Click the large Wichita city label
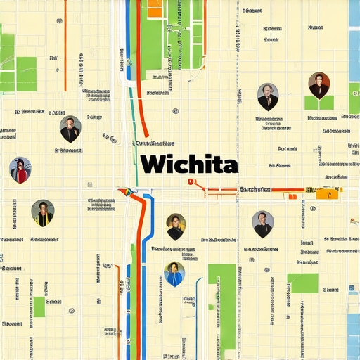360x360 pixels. (x=188, y=165)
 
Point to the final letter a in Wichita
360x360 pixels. (x=229, y=166)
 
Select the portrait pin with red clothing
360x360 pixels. (x=20, y=169)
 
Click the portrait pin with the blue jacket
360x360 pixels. (x=174, y=274)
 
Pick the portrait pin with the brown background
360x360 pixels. (x=319, y=85)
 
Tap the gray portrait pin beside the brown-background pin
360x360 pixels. (x=268, y=96)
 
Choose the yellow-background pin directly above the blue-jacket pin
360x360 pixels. (x=176, y=226)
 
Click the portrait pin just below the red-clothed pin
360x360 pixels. (x=42, y=212)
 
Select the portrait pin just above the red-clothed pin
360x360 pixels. (x=70, y=129)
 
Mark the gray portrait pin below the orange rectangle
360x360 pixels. (x=262, y=224)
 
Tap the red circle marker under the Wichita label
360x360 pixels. (x=190, y=181)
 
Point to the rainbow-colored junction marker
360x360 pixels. (x=127, y=191)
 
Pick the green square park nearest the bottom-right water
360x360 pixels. (x=303, y=283)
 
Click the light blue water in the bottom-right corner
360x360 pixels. (x=353, y=334)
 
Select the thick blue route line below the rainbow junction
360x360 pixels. (x=146, y=246)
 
